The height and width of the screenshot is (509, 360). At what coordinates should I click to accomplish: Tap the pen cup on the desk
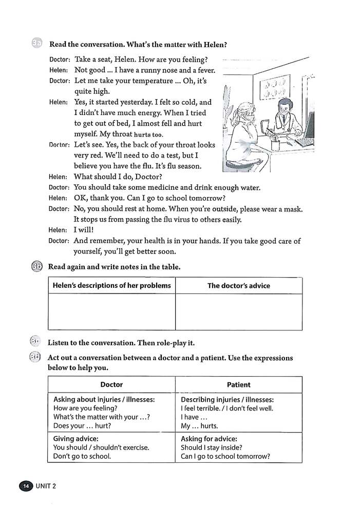(275, 145)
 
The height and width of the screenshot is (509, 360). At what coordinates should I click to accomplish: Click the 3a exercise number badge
(36, 45)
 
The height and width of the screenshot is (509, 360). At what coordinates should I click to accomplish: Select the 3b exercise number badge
(36, 267)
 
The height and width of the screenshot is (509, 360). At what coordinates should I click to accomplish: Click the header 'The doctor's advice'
(238, 286)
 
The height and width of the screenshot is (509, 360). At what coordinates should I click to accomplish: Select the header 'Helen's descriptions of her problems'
(112, 286)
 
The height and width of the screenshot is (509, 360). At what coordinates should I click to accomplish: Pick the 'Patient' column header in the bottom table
(238, 384)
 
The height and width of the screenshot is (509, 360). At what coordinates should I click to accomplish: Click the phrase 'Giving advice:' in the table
(76, 439)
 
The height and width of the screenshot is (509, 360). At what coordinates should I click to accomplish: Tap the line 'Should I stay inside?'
(212, 447)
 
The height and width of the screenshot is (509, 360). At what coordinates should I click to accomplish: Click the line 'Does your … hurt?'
(82, 426)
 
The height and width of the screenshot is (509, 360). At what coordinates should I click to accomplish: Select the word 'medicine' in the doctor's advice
(157, 187)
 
